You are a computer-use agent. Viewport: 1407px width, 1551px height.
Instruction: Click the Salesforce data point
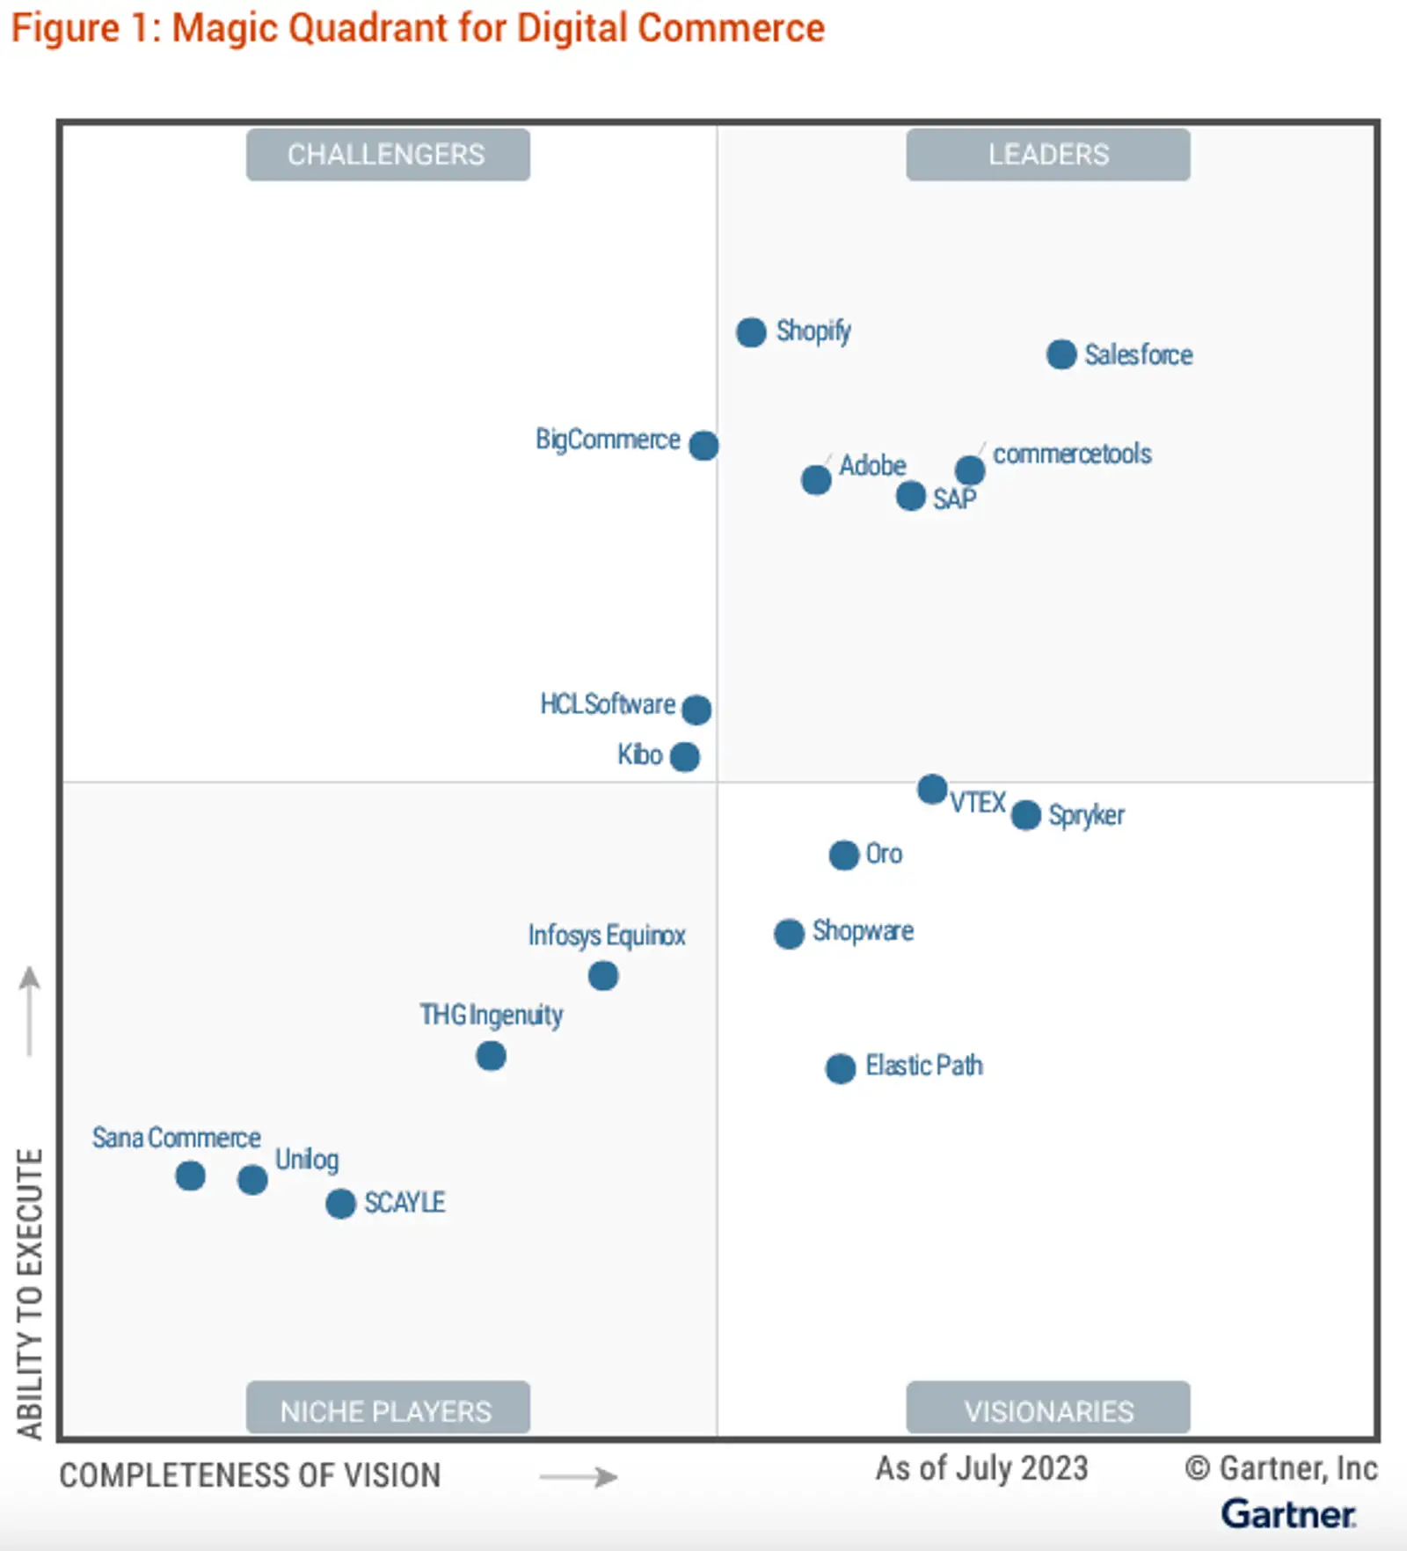(x=1061, y=354)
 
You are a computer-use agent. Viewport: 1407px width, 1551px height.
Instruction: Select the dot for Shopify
(x=751, y=332)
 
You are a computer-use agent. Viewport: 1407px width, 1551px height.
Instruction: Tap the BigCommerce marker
(x=703, y=445)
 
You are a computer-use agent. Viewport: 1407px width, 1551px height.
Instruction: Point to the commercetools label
(x=1072, y=454)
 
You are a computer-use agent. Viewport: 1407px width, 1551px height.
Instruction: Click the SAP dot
(x=911, y=496)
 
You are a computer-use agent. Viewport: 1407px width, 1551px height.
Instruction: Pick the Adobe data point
(x=816, y=480)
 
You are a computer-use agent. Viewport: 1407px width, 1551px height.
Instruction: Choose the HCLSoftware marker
(x=696, y=709)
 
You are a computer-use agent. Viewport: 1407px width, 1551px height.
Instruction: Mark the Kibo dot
(x=685, y=756)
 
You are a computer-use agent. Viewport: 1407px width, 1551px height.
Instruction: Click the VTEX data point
(x=932, y=789)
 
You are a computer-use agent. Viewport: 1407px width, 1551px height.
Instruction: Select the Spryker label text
(x=1086, y=815)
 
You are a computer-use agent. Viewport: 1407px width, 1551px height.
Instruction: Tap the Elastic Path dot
(x=841, y=1068)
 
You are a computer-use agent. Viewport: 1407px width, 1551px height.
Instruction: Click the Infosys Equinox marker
(x=603, y=975)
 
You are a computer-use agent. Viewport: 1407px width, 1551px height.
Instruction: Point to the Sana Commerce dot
(x=191, y=1176)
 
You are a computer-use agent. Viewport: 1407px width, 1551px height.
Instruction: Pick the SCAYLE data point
(x=340, y=1204)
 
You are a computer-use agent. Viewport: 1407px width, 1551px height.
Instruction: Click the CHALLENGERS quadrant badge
(x=388, y=155)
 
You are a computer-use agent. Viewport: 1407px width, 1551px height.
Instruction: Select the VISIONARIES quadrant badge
(x=1048, y=1410)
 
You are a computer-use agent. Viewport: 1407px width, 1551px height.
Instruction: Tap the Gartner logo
(x=1288, y=1514)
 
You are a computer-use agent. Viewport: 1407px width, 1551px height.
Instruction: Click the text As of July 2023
(x=981, y=1468)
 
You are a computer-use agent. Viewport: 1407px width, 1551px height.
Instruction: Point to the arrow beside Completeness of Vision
(x=579, y=1476)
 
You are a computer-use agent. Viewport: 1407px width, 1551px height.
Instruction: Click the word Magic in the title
(x=226, y=28)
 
